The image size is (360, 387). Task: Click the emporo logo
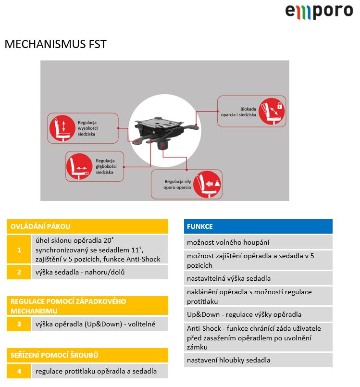point(319,11)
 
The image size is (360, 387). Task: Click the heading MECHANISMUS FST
point(55,45)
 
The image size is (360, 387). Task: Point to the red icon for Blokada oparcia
point(272,111)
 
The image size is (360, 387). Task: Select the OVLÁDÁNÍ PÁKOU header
point(87,226)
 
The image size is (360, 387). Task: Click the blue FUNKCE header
point(258,226)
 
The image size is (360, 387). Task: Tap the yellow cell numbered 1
point(19,250)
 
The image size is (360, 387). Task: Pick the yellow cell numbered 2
point(19,272)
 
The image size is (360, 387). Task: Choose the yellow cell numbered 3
point(19,324)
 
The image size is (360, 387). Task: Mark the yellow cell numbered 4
point(19,371)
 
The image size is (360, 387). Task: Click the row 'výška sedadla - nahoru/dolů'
point(100,272)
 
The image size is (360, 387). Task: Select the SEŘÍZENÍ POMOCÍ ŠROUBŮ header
point(87,355)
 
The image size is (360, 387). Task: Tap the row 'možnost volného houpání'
point(258,242)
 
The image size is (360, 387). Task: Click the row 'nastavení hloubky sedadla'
point(258,360)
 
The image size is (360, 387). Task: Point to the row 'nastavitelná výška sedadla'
point(258,278)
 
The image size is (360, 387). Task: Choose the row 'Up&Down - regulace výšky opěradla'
point(258,314)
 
